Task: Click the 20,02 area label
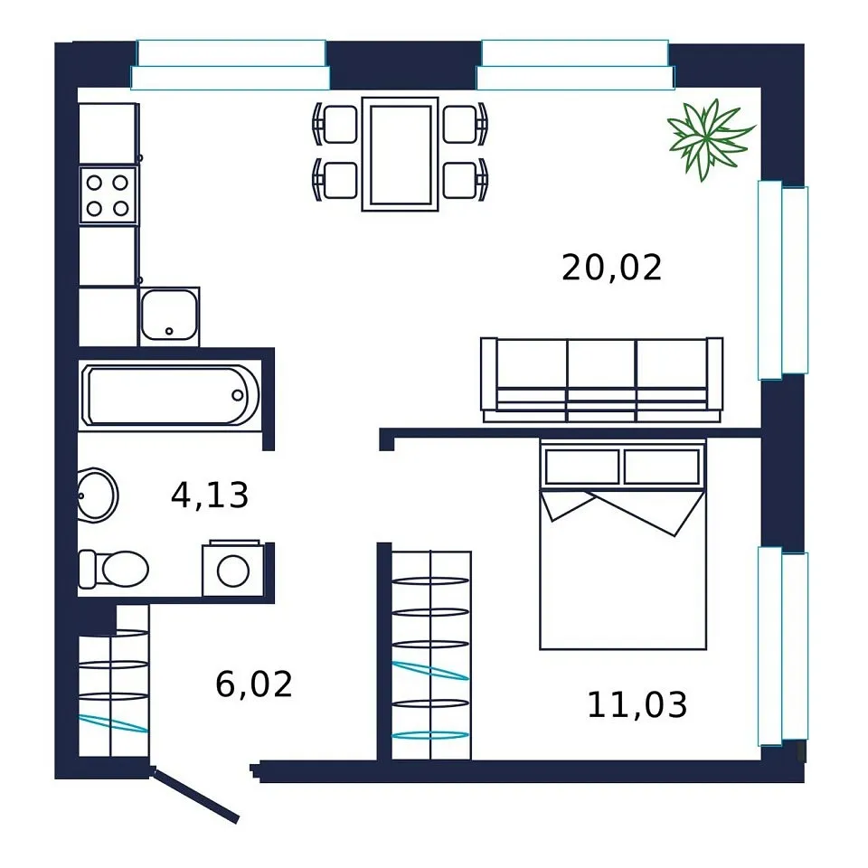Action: click(611, 268)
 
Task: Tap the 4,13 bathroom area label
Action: click(210, 495)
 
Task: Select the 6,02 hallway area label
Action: click(253, 684)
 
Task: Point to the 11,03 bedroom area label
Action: click(637, 704)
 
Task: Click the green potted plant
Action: click(709, 139)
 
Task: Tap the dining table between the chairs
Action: click(401, 155)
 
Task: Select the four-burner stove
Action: click(108, 195)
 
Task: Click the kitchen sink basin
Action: click(169, 316)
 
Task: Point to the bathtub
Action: click(169, 395)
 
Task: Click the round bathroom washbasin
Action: click(97, 495)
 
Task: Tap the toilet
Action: click(114, 569)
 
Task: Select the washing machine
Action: click(233, 569)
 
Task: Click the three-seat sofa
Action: click(602, 380)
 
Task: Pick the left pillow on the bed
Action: click(581, 467)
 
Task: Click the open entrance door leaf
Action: click(195, 794)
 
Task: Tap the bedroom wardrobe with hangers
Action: click(431, 656)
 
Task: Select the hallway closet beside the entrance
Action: click(114, 681)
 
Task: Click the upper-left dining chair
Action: click(335, 124)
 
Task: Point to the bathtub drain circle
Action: click(238, 395)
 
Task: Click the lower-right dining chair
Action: click(465, 180)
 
